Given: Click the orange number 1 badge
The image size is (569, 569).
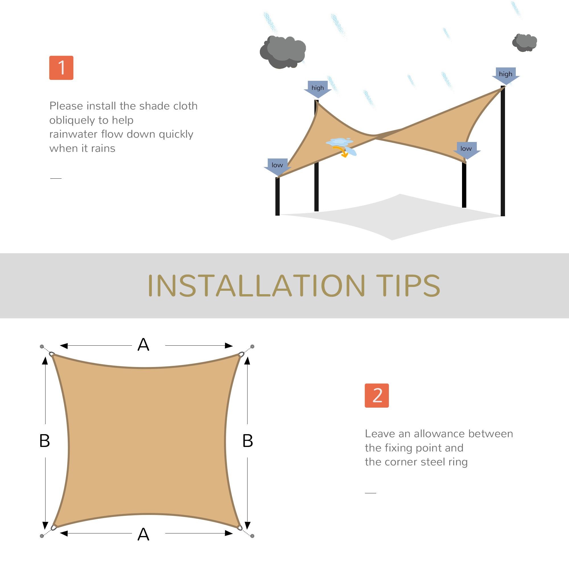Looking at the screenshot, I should [61, 68].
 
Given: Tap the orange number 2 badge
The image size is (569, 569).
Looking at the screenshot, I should [377, 395].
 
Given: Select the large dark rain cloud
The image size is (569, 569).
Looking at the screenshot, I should [283, 52].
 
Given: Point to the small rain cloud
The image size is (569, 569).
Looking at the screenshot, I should [525, 43].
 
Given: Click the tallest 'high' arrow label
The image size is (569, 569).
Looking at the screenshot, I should [506, 75].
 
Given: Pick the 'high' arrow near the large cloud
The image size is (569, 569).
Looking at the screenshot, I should [318, 88].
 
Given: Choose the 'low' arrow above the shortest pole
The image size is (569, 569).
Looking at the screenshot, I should [277, 166].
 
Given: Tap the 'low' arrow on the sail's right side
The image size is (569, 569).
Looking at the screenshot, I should [466, 149].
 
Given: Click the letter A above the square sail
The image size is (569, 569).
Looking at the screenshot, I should [143, 345].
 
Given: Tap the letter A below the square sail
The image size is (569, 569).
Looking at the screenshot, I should [143, 534].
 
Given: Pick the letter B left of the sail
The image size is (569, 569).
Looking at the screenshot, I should [45, 441].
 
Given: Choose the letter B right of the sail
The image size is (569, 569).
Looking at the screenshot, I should [248, 441].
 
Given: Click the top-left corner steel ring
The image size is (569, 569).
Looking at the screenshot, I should [52, 354].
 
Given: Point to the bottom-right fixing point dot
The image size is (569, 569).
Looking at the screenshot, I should [252, 536].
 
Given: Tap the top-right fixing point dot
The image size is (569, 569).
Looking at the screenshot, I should [252, 347].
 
